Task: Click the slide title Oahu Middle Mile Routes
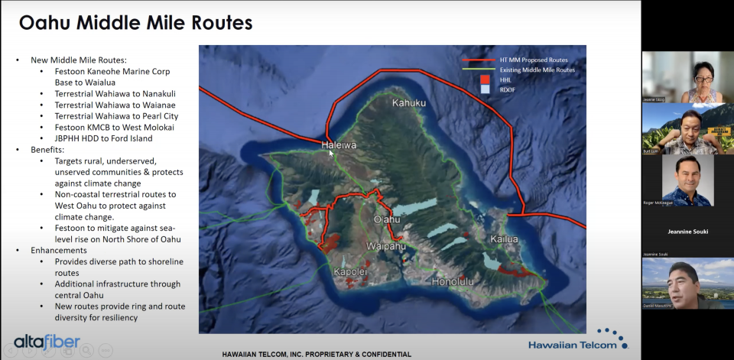pos(135,23)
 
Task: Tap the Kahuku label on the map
pos(410,102)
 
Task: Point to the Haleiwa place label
pos(339,144)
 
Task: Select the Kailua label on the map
pos(505,239)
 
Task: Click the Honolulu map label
pos(453,281)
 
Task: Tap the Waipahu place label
pos(386,247)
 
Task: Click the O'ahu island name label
pos(386,219)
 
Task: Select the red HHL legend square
pos(483,79)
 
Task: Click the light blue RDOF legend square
pos(483,89)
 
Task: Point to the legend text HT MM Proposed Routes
pos(534,60)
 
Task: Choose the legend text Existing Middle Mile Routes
pos(537,70)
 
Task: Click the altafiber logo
pos(47,342)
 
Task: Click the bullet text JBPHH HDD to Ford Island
pos(103,138)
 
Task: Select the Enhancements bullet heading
pos(59,250)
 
